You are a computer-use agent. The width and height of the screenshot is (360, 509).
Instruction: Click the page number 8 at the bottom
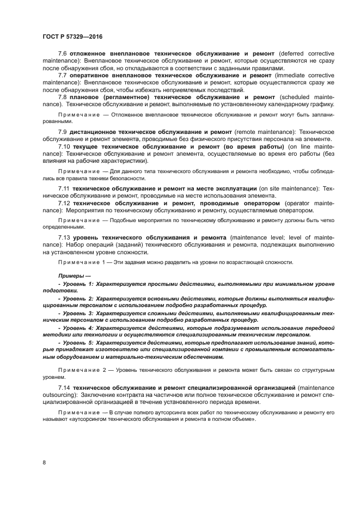[44, 462]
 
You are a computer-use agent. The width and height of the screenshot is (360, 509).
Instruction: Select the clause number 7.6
[63, 54]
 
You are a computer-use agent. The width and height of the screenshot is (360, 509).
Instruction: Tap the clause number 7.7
[63, 75]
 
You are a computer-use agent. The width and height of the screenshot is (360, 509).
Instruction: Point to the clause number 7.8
[63, 96]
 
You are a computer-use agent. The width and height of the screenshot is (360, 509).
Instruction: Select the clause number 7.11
[65, 188]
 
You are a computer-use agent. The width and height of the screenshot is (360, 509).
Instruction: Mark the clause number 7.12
[65, 203]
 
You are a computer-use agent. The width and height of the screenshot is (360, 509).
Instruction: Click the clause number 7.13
[65, 238]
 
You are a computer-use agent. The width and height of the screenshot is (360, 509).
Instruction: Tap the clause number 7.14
[65, 387]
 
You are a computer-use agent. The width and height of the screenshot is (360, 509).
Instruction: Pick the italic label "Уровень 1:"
[77, 284]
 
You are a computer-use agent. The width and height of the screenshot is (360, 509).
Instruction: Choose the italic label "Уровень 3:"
[77, 314]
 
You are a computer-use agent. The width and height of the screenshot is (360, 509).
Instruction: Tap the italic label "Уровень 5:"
[77, 343]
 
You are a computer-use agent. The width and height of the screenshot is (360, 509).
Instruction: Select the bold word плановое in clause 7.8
[86, 96]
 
